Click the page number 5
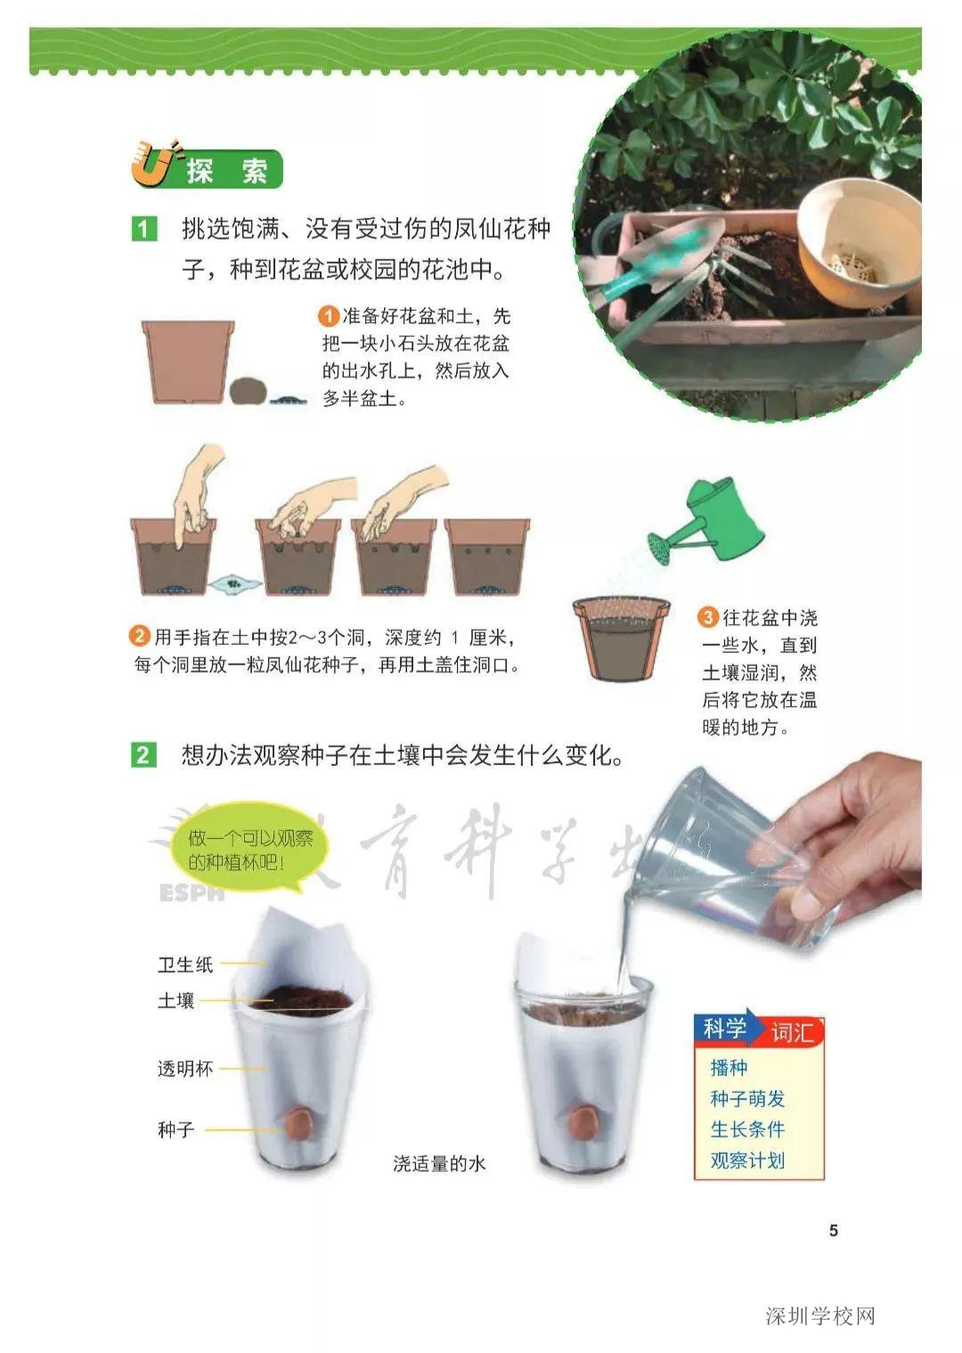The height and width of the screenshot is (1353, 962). pos(834,1230)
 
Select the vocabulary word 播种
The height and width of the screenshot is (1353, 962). pos(729,1067)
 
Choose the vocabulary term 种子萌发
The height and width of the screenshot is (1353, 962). pos(747,1098)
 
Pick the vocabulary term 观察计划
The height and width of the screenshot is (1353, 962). pos(747,1161)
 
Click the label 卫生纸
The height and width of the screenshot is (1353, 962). pos(185,965)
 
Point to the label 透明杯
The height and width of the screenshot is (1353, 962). pos(185,1069)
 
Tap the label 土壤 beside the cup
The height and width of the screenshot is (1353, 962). pos(175,1001)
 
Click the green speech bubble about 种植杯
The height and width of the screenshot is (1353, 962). pos(249,850)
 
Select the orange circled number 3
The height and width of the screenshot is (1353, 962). pos(708,617)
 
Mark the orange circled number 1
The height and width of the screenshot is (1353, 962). pos(329,316)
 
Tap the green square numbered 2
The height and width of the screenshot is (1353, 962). pos(143,755)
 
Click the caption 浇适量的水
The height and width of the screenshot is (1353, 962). pos(439,1163)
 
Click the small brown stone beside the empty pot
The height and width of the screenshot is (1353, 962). pos(248,390)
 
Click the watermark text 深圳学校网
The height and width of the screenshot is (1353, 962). pos(820,1316)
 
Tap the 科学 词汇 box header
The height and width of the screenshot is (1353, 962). pos(759,1031)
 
